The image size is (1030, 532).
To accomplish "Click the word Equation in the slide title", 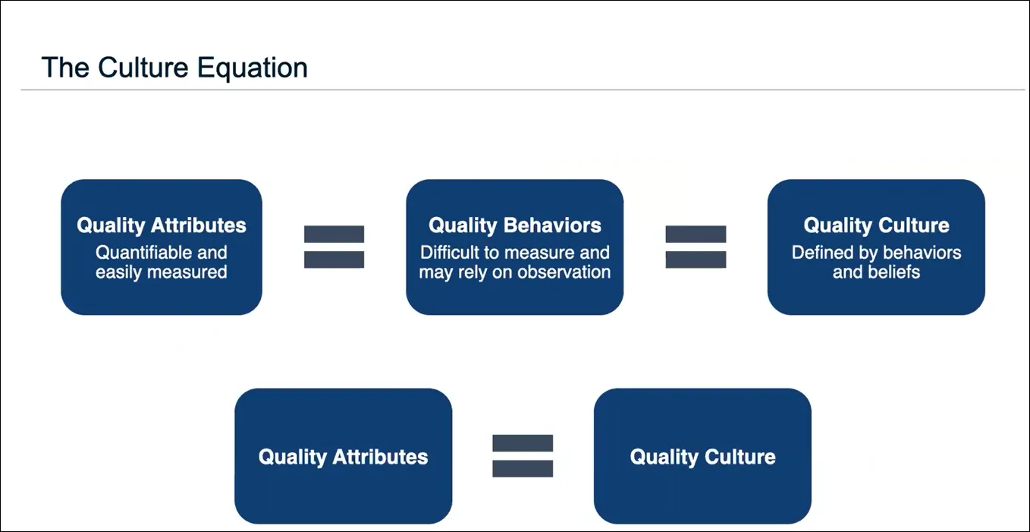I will pos(253,68).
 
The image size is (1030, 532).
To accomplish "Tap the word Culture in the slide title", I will pos(145,68).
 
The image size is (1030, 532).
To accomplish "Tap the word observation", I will pos(564,272).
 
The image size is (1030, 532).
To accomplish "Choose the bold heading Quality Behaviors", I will pos(515,225).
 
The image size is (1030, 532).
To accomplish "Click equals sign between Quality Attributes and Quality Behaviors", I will pos(334,247).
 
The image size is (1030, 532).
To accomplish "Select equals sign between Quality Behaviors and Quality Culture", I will pos(696,247).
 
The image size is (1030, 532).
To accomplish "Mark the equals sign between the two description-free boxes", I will pos(523,456).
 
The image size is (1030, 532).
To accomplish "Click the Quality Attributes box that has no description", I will pos(343,456).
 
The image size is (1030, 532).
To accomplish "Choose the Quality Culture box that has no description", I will pos(702,456).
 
